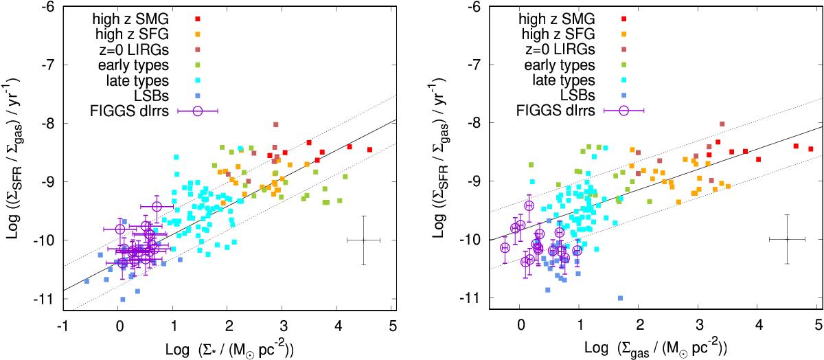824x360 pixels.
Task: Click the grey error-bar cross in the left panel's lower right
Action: (x=364, y=240)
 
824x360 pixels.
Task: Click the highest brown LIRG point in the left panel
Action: (x=276, y=124)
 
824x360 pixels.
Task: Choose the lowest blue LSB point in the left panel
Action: (x=122, y=299)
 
